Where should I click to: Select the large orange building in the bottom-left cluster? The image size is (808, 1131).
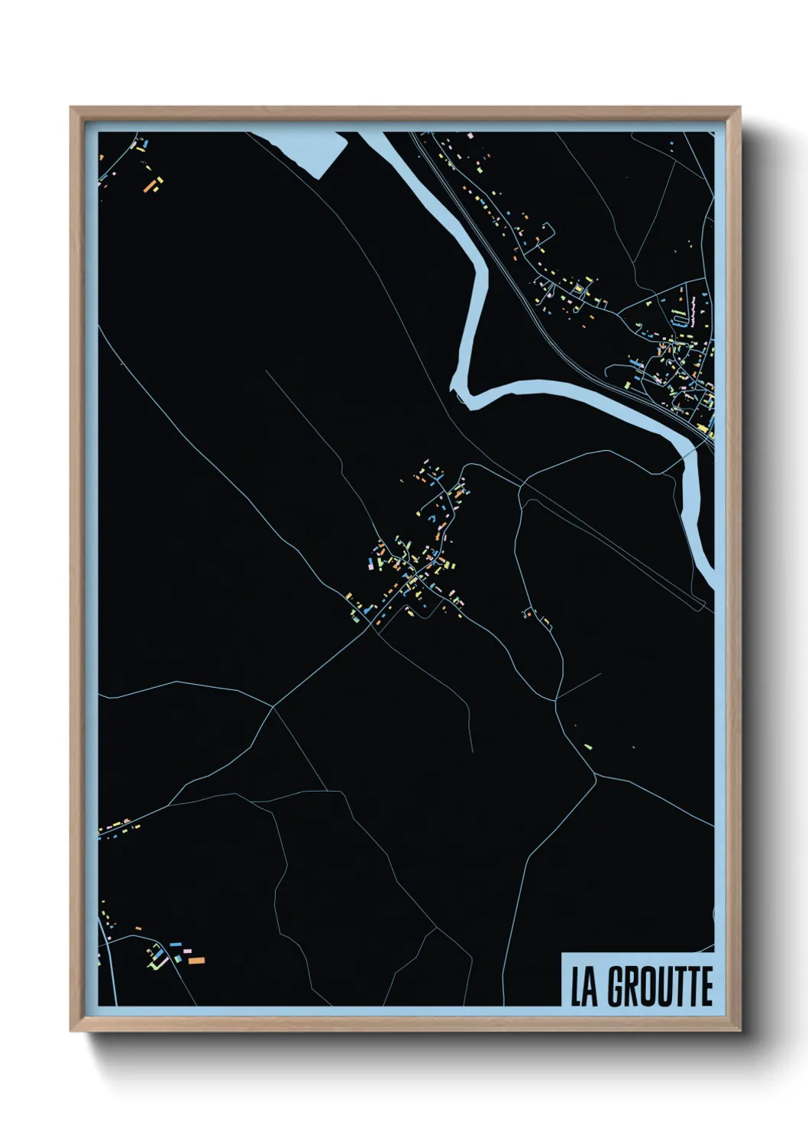(x=196, y=959)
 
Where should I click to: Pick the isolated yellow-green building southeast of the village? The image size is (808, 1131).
(x=587, y=744)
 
